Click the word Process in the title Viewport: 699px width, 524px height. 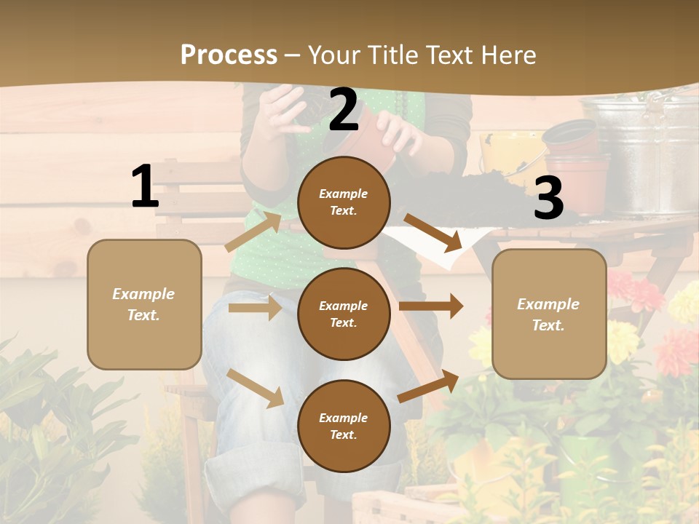click(229, 55)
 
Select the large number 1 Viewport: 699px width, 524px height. click(145, 187)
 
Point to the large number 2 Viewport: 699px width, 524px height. click(344, 111)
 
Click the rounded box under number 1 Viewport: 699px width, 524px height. click(144, 304)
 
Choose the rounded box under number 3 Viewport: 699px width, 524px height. click(549, 314)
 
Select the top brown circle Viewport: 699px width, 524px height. click(344, 202)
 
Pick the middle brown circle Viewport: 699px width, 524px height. click(344, 314)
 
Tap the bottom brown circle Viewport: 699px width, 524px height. click(344, 426)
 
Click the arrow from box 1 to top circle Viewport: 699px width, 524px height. click(253, 231)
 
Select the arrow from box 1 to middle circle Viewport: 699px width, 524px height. click(255, 308)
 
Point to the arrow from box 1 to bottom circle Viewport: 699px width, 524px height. click(256, 388)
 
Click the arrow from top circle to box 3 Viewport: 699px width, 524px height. click(433, 233)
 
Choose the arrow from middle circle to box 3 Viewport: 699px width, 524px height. click(431, 306)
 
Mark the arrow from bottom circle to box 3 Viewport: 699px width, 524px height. click(428, 386)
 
